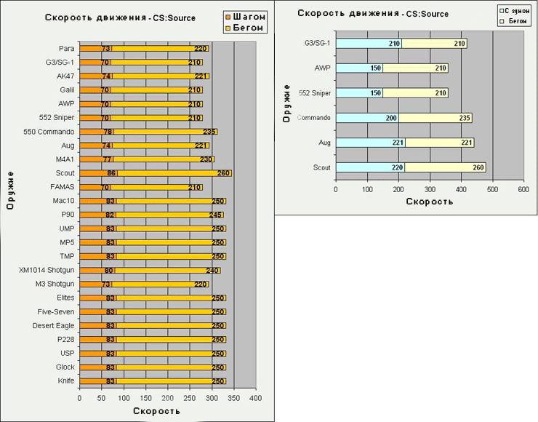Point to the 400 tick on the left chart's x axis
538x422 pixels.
pyautogui.click(x=255, y=398)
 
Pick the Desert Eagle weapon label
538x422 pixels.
pyautogui.click(x=55, y=325)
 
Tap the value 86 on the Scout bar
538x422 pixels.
pyautogui.click(x=111, y=173)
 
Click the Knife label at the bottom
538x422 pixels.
pyautogui.click(x=65, y=381)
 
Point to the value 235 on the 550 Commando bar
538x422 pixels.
pyautogui.click(x=209, y=132)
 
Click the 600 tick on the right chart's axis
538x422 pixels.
pyautogui.click(x=523, y=189)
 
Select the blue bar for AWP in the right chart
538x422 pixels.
pyautogui.click(x=359, y=68)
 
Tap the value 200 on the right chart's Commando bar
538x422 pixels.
pyautogui.click(x=392, y=118)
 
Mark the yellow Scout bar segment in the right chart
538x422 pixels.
pyautogui.click(x=446, y=167)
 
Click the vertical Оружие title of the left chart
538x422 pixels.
pyautogui.click(x=12, y=190)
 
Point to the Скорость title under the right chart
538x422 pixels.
pyautogui.click(x=429, y=202)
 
